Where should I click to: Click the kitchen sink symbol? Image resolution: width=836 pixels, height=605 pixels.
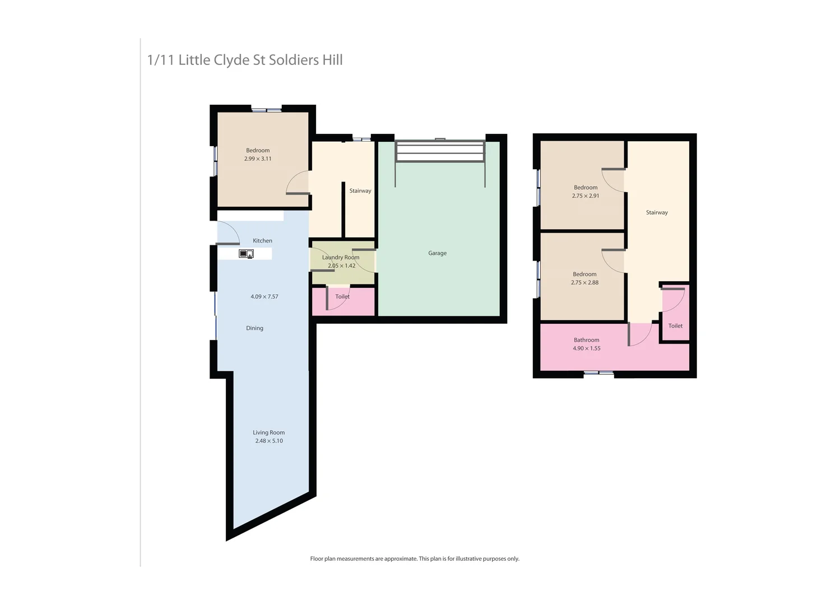tap(246, 254)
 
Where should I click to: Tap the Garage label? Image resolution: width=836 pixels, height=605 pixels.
tap(437, 253)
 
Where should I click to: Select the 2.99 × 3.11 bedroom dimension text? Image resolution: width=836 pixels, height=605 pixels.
tap(258, 159)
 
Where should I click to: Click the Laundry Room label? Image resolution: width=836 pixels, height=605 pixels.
tap(341, 257)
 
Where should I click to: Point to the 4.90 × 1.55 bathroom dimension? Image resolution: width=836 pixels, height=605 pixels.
tap(586, 348)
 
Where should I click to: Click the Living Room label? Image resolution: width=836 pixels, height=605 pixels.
tap(268, 432)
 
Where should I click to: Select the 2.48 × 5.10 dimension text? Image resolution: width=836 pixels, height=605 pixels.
tap(269, 441)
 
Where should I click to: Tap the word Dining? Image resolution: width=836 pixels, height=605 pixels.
tap(254, 328)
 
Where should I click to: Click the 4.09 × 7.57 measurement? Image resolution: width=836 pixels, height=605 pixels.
tap(264, 296)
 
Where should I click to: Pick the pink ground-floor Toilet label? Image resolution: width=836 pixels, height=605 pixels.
tap(342, 297)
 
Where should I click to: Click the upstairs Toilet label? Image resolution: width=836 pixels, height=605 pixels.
tap(675, 326)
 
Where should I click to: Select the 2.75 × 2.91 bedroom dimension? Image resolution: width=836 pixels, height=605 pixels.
tap(586, 196)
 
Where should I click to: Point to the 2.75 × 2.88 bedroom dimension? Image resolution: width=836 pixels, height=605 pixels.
tap(584, 283)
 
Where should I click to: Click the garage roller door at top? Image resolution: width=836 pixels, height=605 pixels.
tap(440, 151)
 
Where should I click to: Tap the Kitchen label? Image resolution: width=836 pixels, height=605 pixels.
tap(262, 241)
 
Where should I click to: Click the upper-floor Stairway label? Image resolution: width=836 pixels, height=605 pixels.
tap(657, 213)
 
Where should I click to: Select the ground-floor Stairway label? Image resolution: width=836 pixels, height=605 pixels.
tap(360, 191)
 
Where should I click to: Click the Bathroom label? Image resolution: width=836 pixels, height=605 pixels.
tap(586, 340)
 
